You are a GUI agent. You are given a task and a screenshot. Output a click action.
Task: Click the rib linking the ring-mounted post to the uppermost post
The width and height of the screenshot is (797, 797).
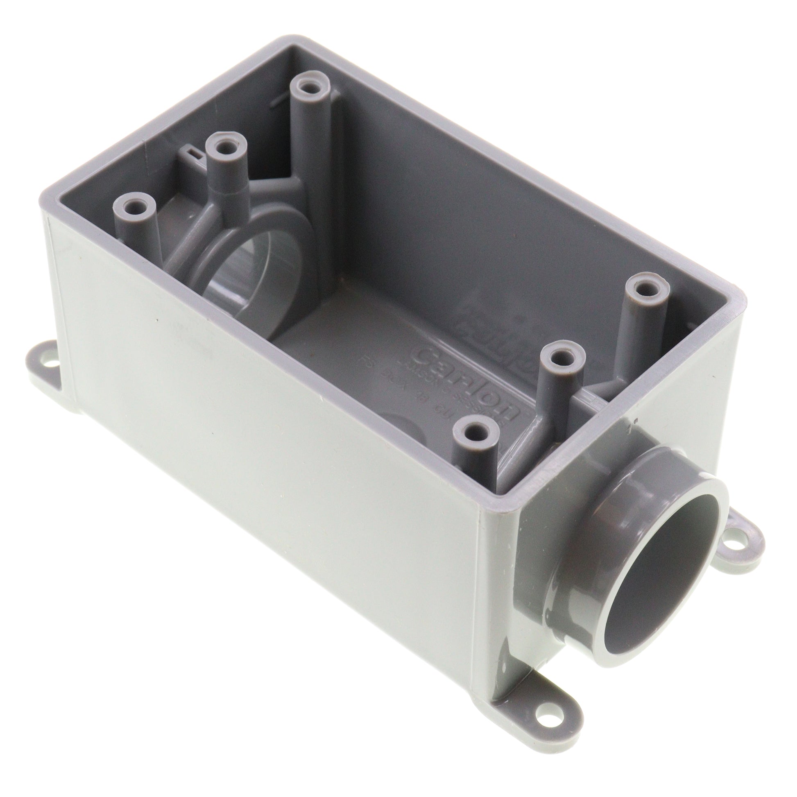[272, 181]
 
